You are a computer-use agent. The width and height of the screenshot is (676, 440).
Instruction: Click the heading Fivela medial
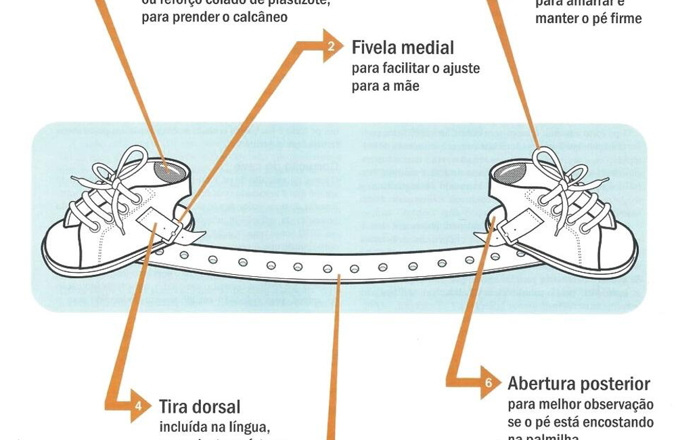pos(403,47)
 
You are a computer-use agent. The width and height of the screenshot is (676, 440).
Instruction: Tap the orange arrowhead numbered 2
pos(332,46)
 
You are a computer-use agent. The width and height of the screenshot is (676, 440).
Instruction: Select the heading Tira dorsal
pos(200,406)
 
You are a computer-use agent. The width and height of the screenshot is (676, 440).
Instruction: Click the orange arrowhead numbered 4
pos(139,405)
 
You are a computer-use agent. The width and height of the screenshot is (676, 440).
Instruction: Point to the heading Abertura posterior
pos(579,384)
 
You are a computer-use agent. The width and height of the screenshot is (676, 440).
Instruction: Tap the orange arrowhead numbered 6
pos(489,384)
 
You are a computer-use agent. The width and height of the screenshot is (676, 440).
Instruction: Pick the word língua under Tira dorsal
pos(252,427)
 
